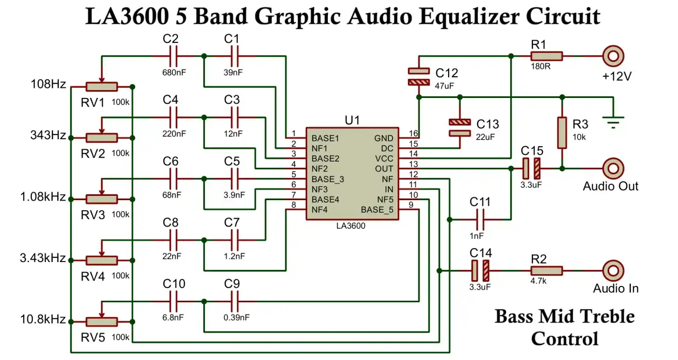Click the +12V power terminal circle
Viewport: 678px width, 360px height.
click(613, 56)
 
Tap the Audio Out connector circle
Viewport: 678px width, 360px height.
click(613, 168)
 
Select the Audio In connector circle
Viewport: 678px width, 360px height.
click(613, 271)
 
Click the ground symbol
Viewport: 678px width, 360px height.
click(613, 122)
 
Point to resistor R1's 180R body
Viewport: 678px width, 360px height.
click(546, 56)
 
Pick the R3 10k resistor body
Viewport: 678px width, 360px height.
click(562, 133)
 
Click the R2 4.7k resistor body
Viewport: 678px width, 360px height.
click(546, 271)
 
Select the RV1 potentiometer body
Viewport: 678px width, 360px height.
click(102, 87)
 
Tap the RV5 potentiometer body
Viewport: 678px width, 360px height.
click(102, 322)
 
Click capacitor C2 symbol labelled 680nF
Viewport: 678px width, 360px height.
click(173, 56)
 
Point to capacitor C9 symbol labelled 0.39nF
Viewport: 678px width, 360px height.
click(235, 302)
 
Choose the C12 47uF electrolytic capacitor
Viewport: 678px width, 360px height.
click(418, 77)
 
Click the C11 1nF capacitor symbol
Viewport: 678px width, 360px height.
click(480, 220)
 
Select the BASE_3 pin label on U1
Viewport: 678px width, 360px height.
click(328, 179)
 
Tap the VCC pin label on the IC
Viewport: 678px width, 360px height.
click(384, 159)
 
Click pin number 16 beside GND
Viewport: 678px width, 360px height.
click(414, 133)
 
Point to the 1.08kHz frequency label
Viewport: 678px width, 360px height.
click(43, 197)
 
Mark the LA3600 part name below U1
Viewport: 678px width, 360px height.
click(351, 226)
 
